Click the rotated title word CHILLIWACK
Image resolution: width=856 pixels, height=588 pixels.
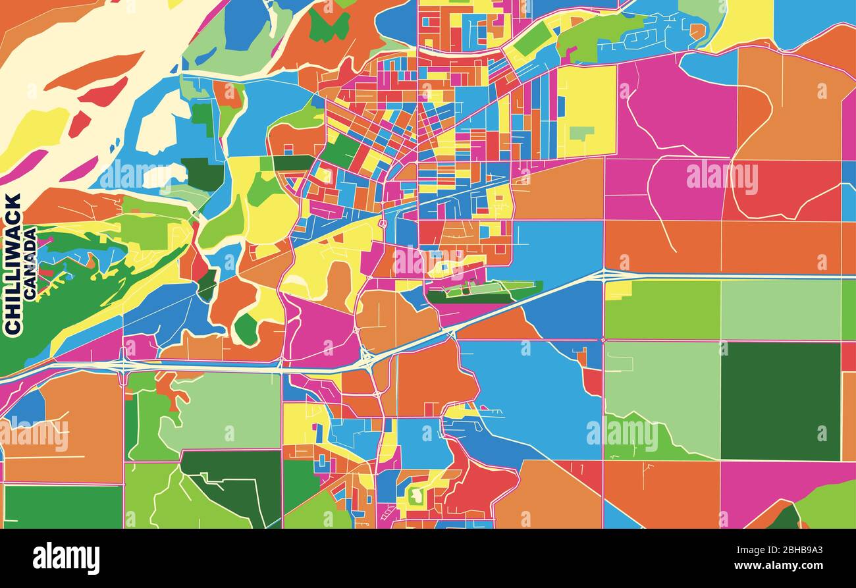13,263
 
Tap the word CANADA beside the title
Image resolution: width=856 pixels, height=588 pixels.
30,263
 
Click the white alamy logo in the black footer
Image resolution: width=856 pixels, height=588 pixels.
66,558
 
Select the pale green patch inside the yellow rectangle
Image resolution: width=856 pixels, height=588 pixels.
581,133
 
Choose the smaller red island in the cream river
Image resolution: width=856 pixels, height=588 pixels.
79,123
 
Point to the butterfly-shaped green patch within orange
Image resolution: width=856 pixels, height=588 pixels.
329,26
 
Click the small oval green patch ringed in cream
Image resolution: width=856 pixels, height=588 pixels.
246,329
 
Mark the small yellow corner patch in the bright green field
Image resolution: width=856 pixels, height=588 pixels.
617,290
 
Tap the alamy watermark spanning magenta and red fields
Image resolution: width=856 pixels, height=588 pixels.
722,176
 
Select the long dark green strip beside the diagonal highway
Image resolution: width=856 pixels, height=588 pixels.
471,298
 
